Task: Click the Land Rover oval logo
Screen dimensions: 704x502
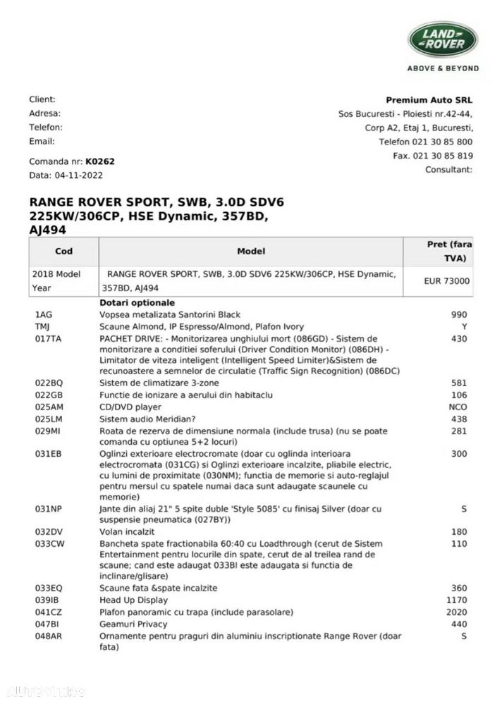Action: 443,39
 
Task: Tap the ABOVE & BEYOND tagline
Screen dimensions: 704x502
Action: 443,68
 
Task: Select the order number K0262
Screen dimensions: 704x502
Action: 100,161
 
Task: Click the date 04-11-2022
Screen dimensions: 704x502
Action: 80,175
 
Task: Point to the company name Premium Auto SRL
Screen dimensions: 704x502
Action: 429,100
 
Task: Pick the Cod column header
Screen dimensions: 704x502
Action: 63,251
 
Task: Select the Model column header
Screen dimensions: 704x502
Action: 251,251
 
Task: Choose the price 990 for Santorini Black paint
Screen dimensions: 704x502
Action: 459,315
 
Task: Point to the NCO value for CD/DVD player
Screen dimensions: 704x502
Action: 458,407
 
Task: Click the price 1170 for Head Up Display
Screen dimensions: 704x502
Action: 456,600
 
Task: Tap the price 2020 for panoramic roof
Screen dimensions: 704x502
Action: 456,612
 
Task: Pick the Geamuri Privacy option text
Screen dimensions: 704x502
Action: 134,624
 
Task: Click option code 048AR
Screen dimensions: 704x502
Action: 49,636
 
